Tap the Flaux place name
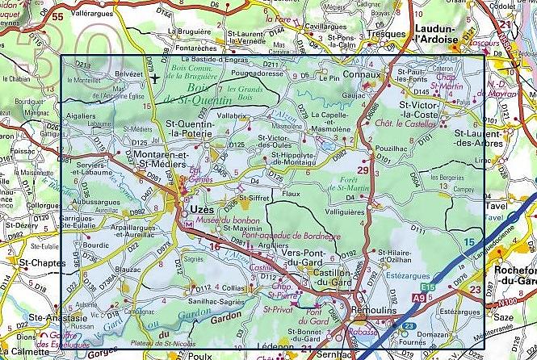click(x=291, y=194)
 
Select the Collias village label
click(x=233, y=287)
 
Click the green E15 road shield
click(x=427, y=287)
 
